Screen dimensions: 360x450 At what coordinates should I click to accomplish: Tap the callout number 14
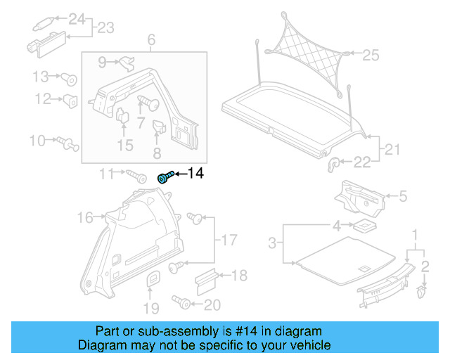click(x=194, y=173)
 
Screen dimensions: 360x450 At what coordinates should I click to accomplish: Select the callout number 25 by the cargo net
click(x=371, y=54)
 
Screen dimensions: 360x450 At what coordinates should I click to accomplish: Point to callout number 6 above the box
click(x=151, y=41)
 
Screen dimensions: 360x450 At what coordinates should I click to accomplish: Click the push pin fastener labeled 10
click(x=69, y=143)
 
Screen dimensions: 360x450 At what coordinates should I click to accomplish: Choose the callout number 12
click(x=43, y=99)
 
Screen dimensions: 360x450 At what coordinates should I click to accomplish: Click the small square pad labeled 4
click(x=364, y=226)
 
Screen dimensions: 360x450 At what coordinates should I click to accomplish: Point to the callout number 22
click(x=361, y=163)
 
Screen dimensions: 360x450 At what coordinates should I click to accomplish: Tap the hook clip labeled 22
click(x=334, y=164)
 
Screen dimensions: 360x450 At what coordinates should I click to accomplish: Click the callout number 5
click(x=403, y=197)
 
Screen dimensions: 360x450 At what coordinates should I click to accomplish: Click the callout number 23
click(x=105, y=28)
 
